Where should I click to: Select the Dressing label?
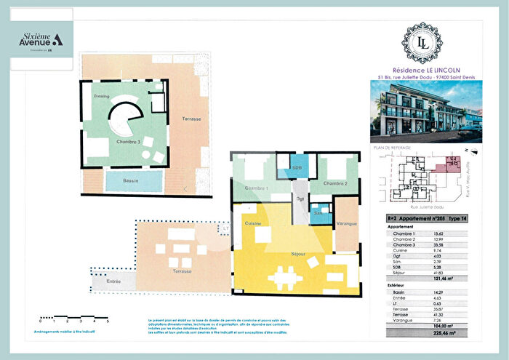tap(100, 96)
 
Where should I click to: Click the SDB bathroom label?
tap(297, 168)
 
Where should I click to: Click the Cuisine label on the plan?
tap(253, 223)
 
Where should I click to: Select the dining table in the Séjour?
tap(284, 276)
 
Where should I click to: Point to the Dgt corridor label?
tap(299, 199)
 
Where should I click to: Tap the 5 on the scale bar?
tap(108, 321)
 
